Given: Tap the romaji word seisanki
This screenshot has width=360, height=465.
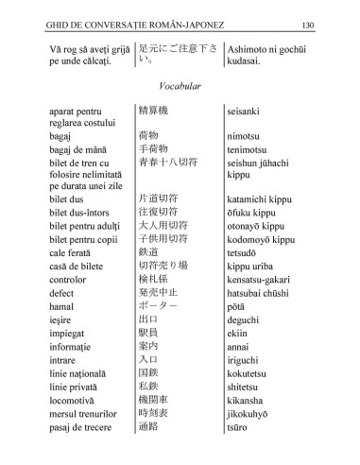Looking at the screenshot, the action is point(249,112).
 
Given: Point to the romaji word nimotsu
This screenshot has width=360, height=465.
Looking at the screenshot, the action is point(249,136).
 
